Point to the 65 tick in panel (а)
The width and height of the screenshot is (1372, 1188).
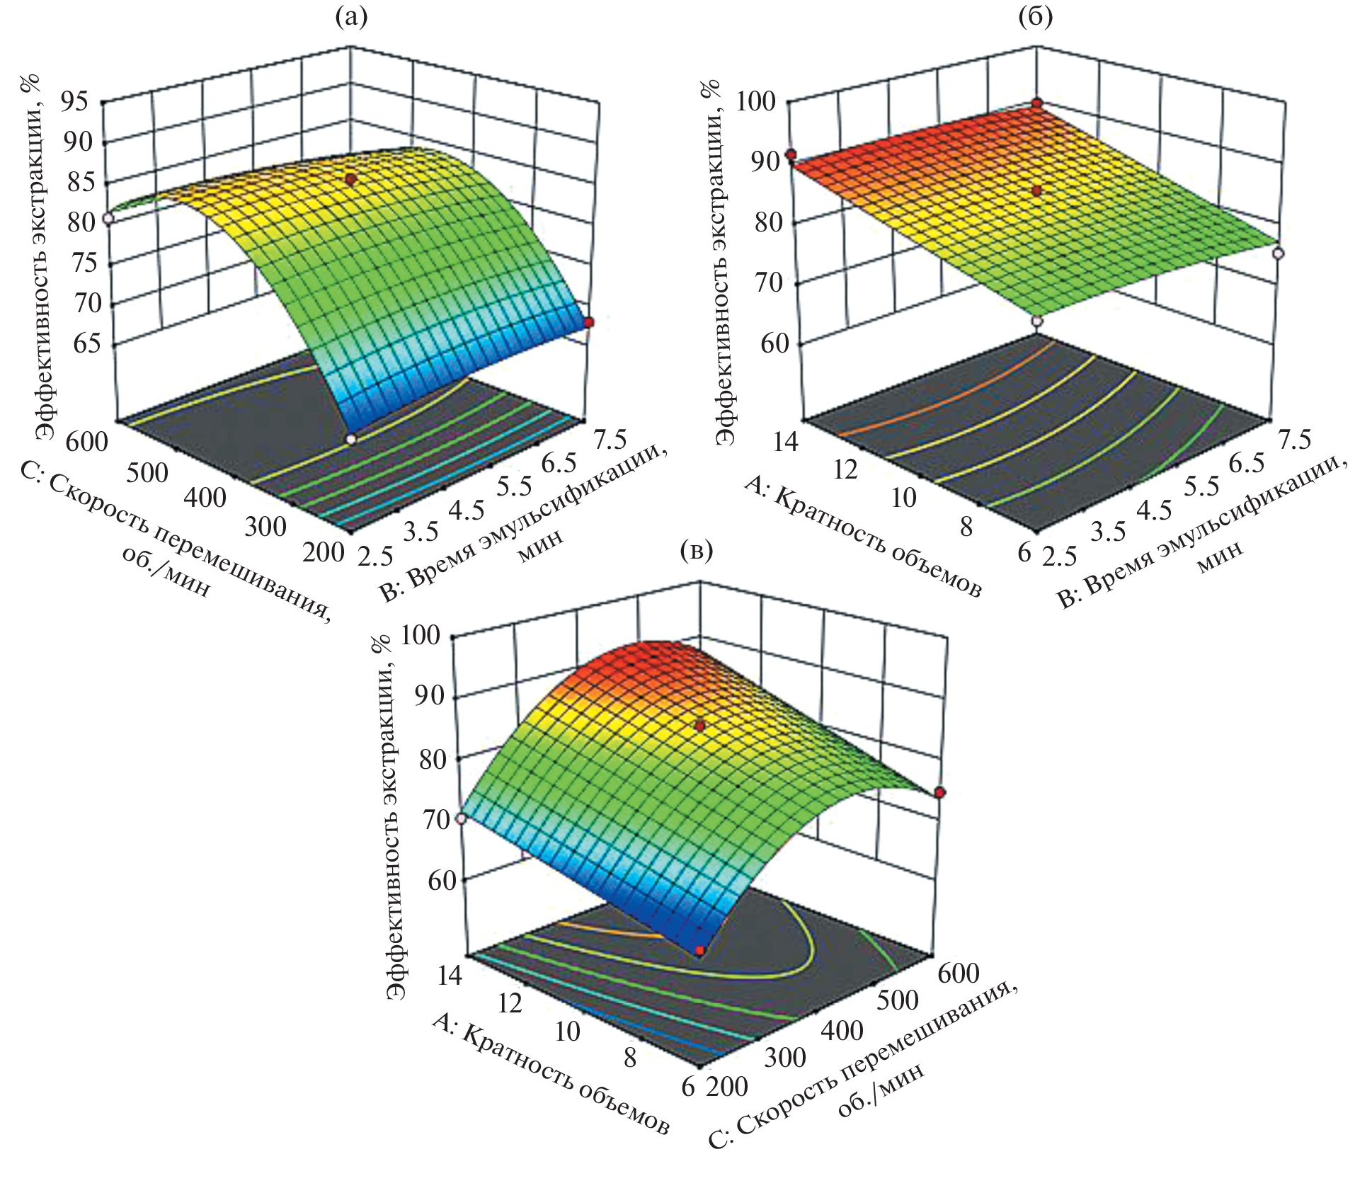click(83, 344)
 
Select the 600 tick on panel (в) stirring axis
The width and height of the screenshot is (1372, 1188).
click(959, 973)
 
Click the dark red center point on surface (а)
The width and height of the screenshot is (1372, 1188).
click(350, 180)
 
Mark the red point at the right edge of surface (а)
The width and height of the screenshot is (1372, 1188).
click(589, 323)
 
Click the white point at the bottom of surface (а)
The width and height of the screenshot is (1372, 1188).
click(350, 439)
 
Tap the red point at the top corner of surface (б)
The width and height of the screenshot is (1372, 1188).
click(1037, 103)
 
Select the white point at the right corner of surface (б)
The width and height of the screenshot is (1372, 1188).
click(1278, 253)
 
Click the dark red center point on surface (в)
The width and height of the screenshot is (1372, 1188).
click(700, 726)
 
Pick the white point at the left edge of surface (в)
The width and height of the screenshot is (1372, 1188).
click(461, 818)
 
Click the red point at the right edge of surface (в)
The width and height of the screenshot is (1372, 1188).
click(939, 792)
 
